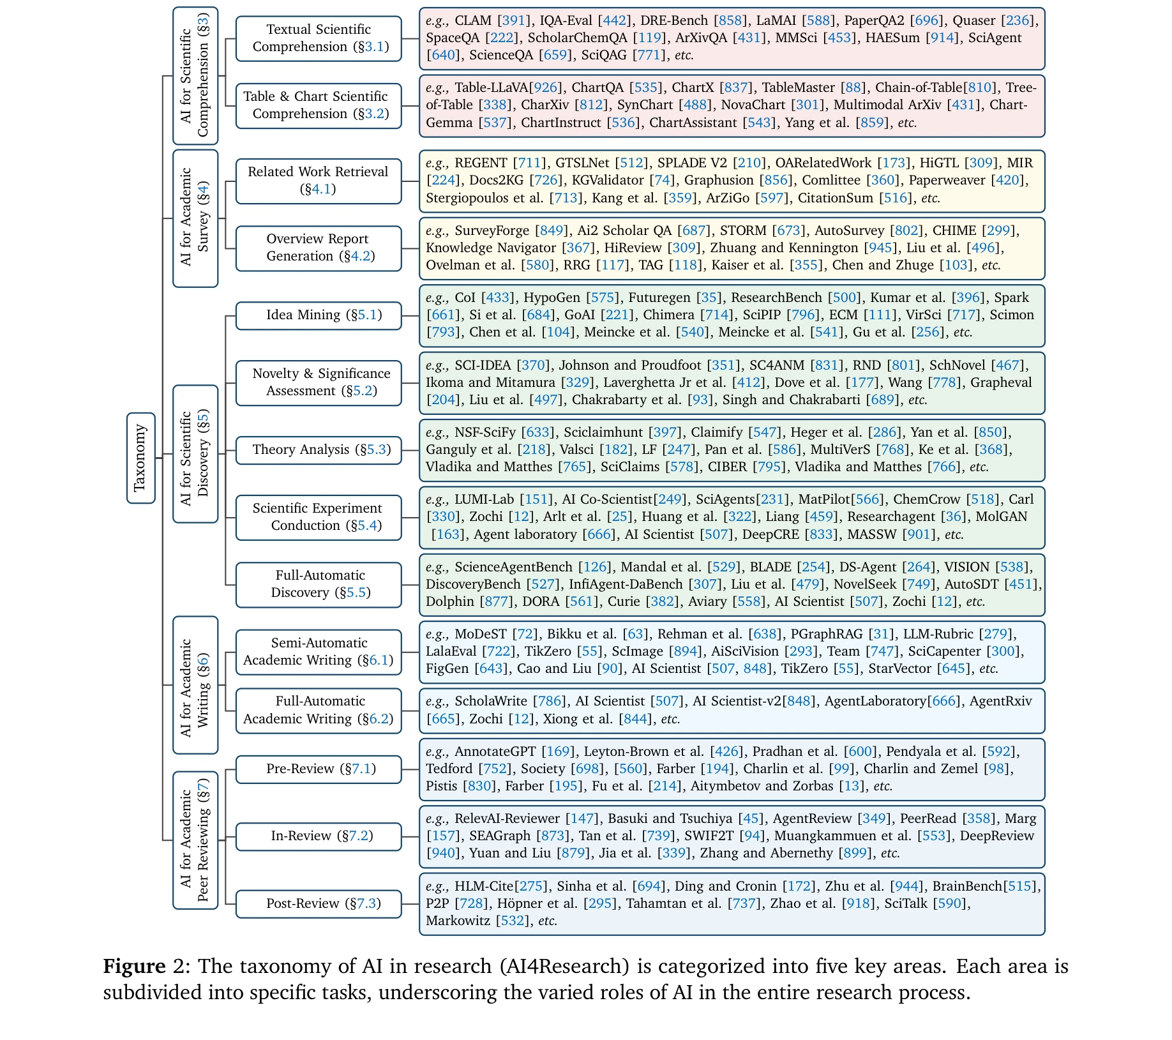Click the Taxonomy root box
point(140,458)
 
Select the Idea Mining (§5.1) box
point(318,315)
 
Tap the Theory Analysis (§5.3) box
point(318,450)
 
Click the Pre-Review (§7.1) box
point(318,769)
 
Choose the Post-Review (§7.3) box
point(318,903)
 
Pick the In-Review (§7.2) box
point(318,836)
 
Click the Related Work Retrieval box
point(318,181)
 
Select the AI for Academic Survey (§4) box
point(195,218)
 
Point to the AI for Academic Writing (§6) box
point(195,684)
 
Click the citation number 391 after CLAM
point(514,20)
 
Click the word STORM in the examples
point(742,230)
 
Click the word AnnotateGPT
point(495,751)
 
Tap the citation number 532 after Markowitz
point(513,921)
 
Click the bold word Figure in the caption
point(134,966)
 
